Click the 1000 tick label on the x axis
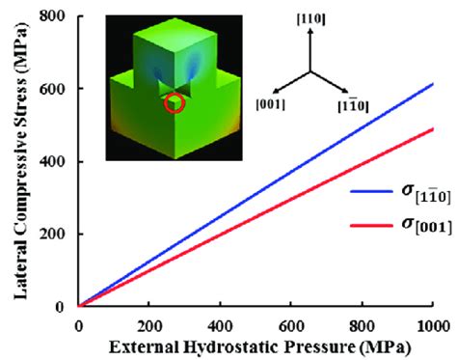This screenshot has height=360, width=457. coord(431,323)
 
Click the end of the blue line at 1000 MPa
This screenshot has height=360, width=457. coord(432,84)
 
